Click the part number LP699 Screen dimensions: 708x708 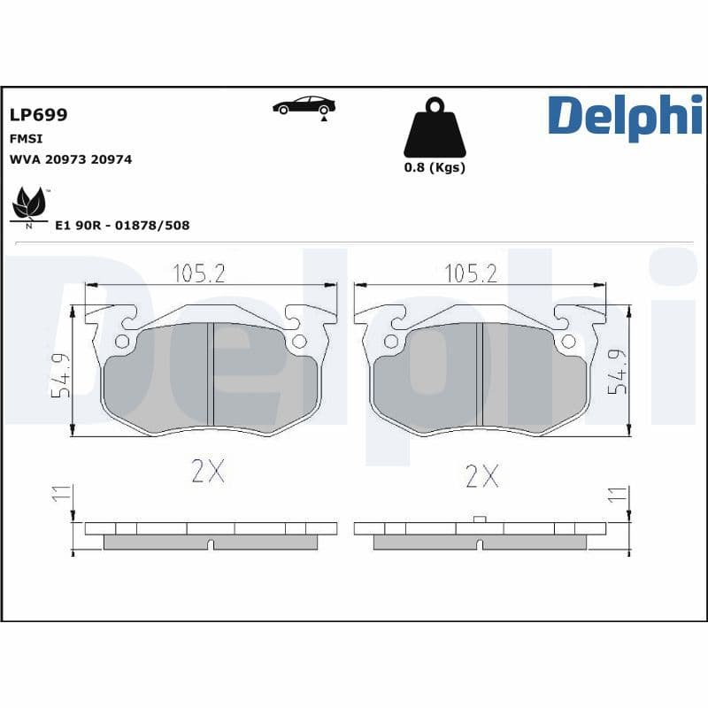pos(38,115)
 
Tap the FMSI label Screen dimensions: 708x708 pos(26,139)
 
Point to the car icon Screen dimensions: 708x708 pos(304,106)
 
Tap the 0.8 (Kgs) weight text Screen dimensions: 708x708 pos(434,167)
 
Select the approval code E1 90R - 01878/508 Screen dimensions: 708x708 pos(122,226)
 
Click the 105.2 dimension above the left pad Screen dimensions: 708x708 pos(198,273)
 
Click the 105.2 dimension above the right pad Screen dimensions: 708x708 pos(470,273)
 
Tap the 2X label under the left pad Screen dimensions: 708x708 pos(208,473)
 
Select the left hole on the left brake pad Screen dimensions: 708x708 pos(122,342)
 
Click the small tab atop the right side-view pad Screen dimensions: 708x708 pos(479,519)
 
